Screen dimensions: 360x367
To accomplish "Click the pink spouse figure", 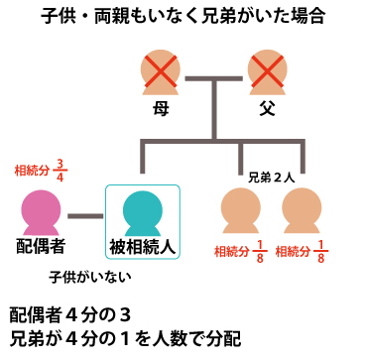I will coord(41,211).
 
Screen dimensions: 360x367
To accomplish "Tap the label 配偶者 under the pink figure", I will coord(41,245).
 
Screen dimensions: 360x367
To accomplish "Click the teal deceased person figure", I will coord(142,211).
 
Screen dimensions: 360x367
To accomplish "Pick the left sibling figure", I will coord(241,211).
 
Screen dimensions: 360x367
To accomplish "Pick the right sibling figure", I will coord(300,211).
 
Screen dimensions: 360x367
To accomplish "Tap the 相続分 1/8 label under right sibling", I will coord(302,252).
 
